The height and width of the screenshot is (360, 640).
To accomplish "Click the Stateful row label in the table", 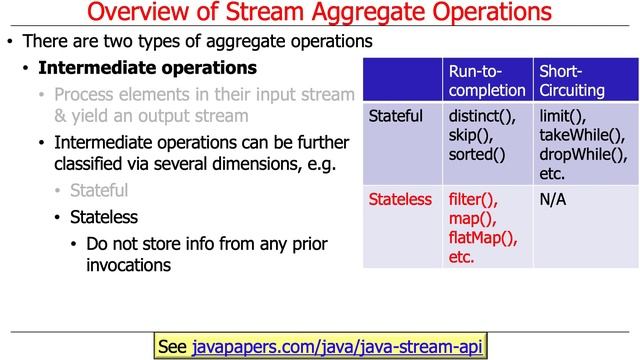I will click(396, 117).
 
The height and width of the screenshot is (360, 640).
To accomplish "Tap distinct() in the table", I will click(483, 117).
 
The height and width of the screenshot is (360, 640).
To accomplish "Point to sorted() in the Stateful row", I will click(477, 154).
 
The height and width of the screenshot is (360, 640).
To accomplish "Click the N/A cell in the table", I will click(553, 199).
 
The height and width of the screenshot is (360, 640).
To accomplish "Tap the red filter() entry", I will click(473, 199).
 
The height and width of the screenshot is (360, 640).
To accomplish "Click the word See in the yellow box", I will click(173, 346).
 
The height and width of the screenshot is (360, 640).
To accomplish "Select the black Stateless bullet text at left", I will click(104, 216).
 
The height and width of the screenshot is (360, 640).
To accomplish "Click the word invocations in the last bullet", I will click(129, 265).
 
